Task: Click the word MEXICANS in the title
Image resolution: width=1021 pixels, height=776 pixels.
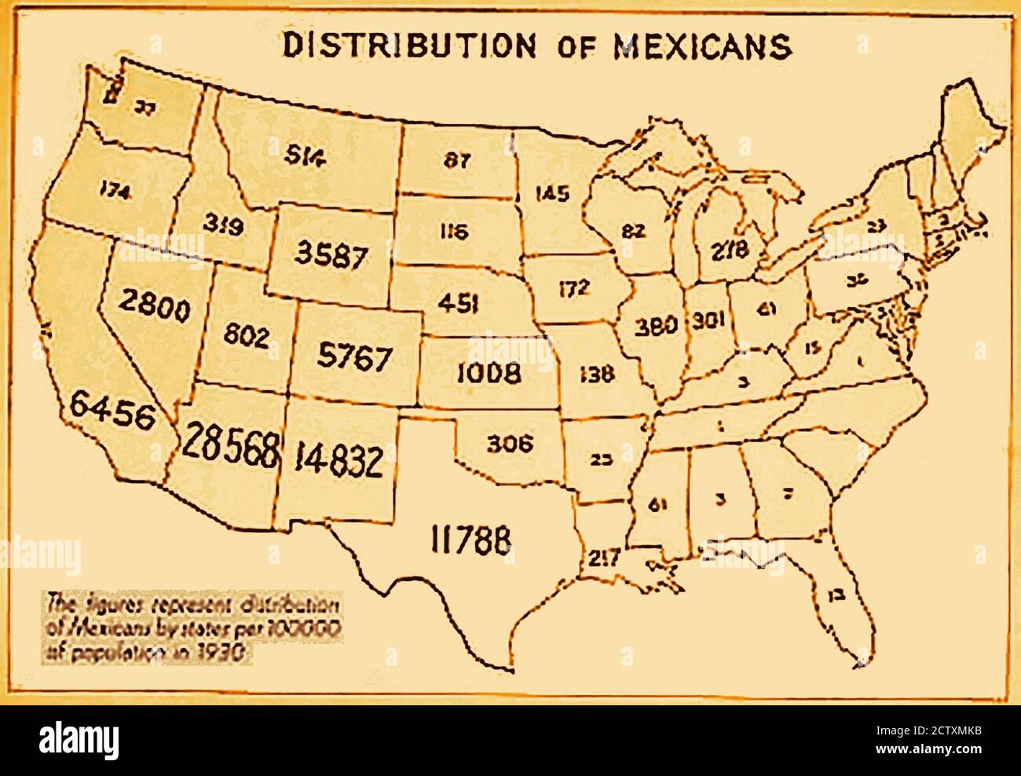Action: pos(701,46)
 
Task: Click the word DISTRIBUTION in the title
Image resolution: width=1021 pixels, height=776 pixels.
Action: pos(408,46)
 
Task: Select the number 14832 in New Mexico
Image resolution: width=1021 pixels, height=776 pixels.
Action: pos(339,461)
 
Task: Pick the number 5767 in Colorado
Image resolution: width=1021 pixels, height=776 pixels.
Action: pos(354,357)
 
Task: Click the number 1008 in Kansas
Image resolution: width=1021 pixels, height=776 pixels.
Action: pos(489,372)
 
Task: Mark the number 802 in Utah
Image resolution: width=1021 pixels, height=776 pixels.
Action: pos(246,336)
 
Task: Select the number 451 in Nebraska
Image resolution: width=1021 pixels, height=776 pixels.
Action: pos(455,303)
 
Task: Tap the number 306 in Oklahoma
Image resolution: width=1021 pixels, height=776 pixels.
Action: pos(509,444)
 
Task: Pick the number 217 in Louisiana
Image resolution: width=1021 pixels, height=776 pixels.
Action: pos(602,558)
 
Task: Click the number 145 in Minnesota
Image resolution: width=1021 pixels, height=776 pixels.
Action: pos(551,193)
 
